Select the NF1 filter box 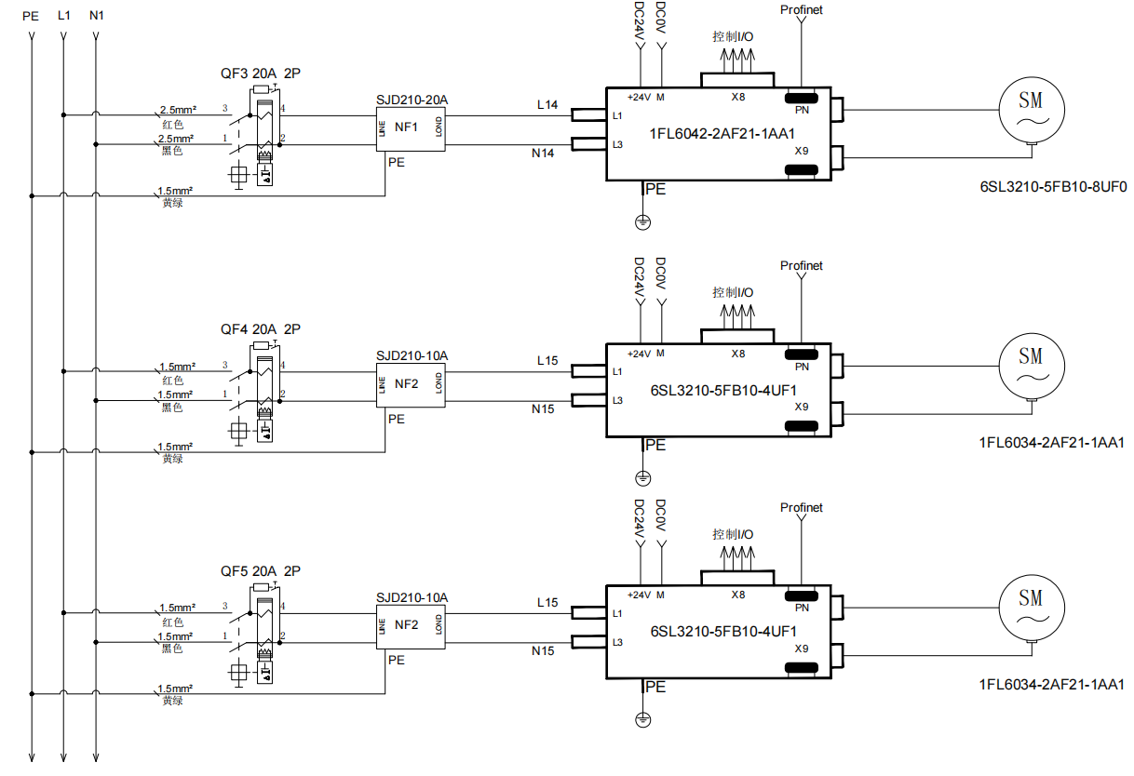pyautogui.click(x=410, y=127)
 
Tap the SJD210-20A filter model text pyautogui.click(x=412, y=100)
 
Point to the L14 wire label pyautogui.click(x=547, y=105)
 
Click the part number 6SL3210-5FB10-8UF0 pyautogui.click(x=1053, y=186)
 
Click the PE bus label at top pyautogui.click(x=31, y=16)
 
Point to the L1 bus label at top pyautogui.click(x=63, y=16)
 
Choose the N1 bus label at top pyautogui.click(x=96, y=16)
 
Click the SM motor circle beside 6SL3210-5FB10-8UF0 pyautogui.click(x=1031, y=107)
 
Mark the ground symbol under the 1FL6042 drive pyautogui.click(x=642, y=222)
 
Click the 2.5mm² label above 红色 pyautogui.click(x=178, y=110)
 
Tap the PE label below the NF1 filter pyautogui.click(x=397, y=162)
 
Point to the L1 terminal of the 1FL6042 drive pyautogui.click(x=617, y=115)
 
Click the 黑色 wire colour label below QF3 pyautogui.click(x=172, y=151)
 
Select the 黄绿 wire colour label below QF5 pyautogui.click(x=172, y=701)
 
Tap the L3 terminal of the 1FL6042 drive pyautogui.click(x=617, y=144)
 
